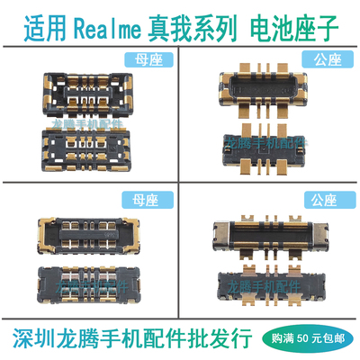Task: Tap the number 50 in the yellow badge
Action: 310,337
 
